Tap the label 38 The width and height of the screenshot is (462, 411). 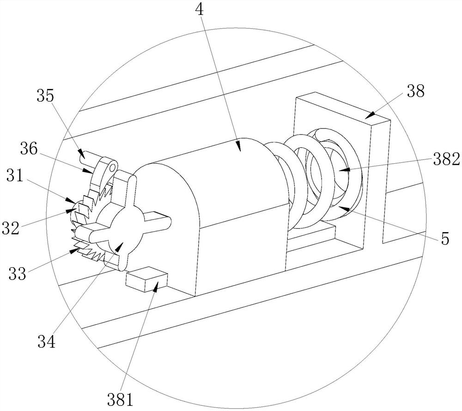[x=415, y=92]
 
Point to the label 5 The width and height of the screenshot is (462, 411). [x=444, y=238]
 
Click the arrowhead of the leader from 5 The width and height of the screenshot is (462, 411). [x=341, y=208]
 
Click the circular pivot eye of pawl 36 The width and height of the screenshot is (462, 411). [x=111, y=165]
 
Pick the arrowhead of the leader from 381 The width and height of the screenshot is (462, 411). [x=156, y=288]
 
